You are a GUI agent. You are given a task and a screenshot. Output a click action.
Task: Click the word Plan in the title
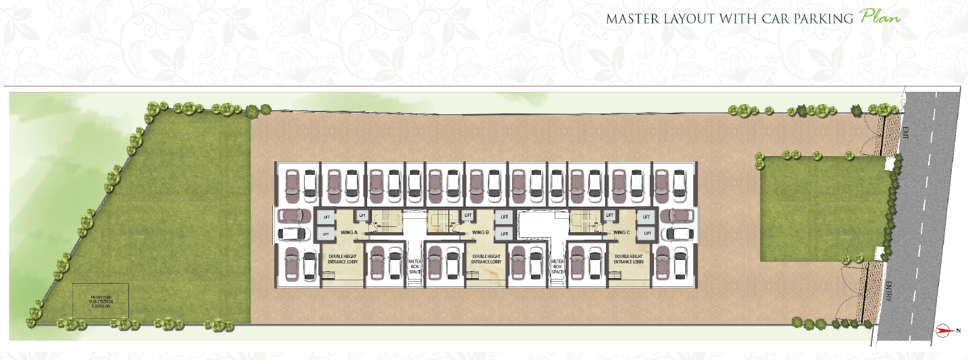click(881, 18)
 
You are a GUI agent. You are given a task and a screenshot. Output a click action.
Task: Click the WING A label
click(349, 232)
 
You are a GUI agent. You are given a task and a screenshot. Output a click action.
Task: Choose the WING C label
click(621, 232)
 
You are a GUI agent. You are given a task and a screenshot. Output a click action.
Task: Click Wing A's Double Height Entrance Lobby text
click(343, 259)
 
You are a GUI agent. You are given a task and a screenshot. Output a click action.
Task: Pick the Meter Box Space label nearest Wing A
click(414, 266)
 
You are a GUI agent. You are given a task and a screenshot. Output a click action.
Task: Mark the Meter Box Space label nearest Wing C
click(557, 266)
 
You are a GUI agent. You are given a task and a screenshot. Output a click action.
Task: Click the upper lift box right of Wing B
click(503, 217)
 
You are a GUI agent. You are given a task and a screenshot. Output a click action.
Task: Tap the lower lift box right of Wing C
click(645, 233)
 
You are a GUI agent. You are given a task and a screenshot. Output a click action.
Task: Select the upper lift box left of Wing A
click(326, 217)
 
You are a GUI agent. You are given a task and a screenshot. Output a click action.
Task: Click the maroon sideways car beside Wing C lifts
click(678, 216)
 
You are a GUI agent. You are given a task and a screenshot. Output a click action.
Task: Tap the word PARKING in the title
click(826, 19)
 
